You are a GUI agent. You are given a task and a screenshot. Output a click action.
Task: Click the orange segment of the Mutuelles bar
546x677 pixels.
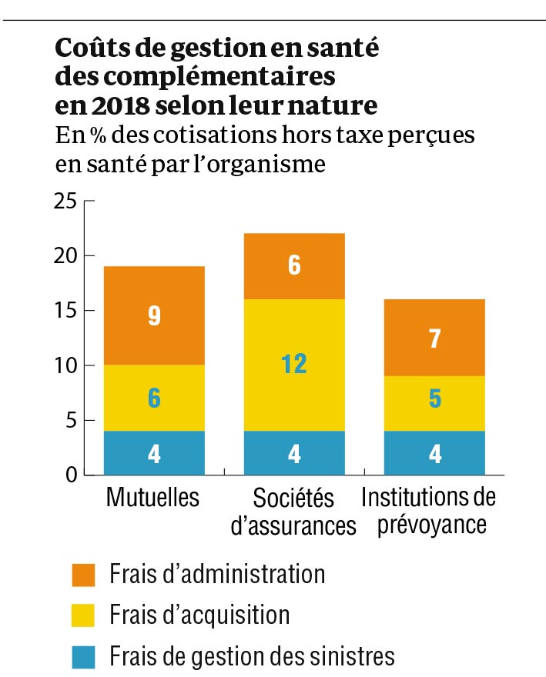[154, 316]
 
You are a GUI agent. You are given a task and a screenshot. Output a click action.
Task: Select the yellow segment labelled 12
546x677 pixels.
[294, 365]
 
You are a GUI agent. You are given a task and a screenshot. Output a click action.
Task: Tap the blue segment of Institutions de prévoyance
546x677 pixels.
[434, 453]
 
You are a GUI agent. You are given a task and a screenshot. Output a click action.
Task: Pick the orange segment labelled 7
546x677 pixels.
[434, 338]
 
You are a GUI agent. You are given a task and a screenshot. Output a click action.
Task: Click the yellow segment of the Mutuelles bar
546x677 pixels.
[154, 398]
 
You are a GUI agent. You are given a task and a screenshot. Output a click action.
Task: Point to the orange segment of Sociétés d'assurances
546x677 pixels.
[294, 265]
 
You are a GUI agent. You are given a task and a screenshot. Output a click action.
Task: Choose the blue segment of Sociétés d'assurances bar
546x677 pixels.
[294, 453]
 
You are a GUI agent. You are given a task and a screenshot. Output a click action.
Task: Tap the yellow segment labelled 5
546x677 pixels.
[434, 404]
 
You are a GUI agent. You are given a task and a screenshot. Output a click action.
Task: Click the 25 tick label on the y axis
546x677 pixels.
[66, 202]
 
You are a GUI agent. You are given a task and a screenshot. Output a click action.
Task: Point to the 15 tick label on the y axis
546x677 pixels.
[66, 311]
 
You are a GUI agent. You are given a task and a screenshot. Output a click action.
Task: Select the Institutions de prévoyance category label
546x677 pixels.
[428, 511]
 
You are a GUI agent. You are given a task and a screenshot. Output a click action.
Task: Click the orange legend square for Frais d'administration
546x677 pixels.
[82, 575]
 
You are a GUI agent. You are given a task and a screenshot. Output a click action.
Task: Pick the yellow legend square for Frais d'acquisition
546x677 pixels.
[82, 615]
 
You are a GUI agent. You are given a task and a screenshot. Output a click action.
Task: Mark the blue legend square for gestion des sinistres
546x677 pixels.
[82, 656]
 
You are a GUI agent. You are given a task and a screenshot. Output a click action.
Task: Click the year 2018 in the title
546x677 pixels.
[112, 103]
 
